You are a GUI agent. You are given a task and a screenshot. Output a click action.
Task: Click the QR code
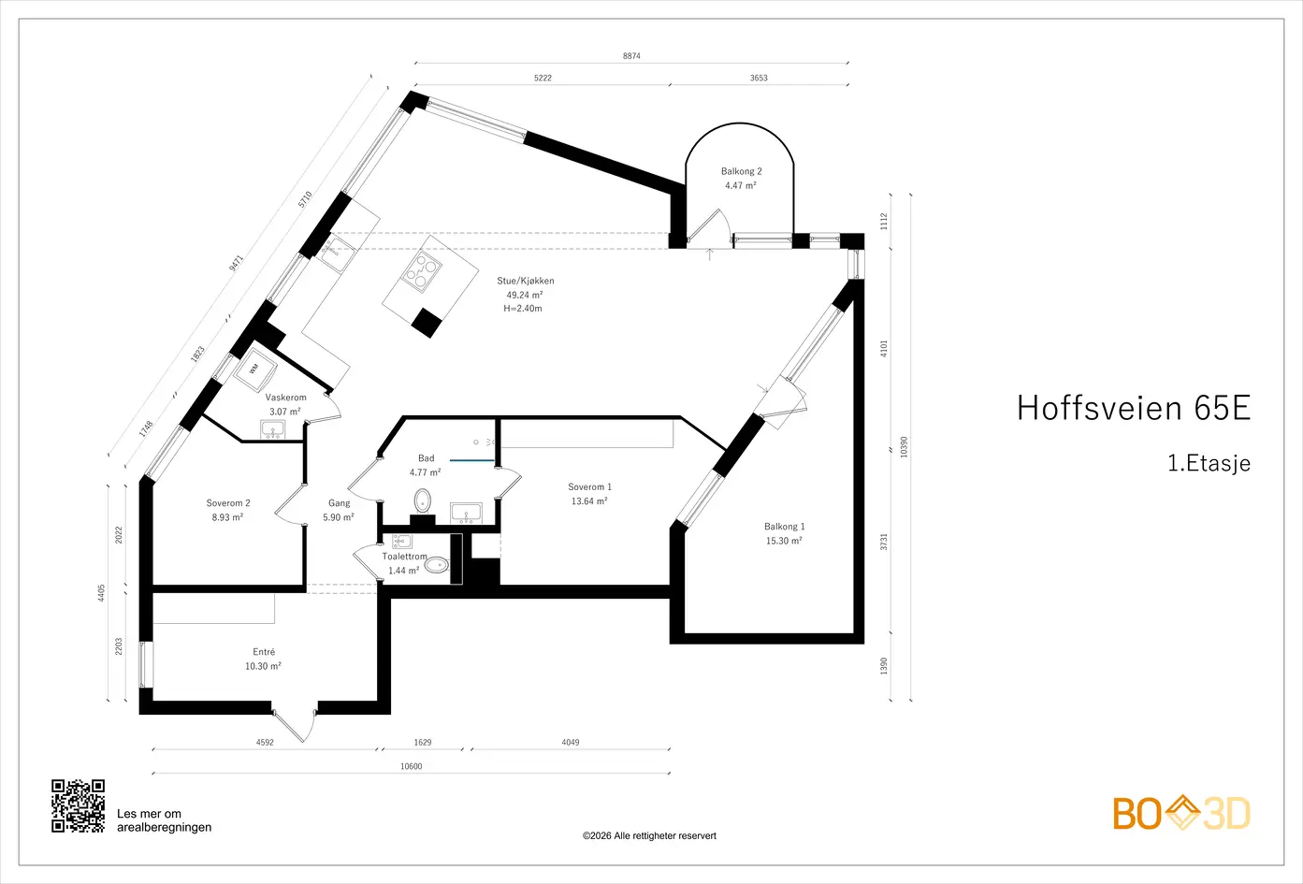pyautogui.click(x=78, y=805)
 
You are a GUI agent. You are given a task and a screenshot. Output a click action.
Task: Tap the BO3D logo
pyautogui.click(x=1181, y=813)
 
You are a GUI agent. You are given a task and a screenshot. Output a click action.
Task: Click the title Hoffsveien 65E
pyautogui.click(x=1134, y=408)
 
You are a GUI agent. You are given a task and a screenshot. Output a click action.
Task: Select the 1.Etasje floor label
pyautogui.click(x=1209, y=463)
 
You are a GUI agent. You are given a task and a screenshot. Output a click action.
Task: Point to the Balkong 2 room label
pyautogui.click(x=741, y=171)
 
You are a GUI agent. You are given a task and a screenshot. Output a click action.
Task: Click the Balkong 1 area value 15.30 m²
pyautogui.click(x=784, y=541)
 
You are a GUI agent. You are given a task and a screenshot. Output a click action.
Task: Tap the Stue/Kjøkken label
pyautogui.click(x=526, y=281)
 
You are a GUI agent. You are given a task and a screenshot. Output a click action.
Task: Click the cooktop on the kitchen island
pyautogui.click(x=422, y=270)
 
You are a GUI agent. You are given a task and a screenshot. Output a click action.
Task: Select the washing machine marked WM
pyautogui.click(x=254, y=369)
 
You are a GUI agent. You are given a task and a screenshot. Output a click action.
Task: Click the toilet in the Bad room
pyautogui.click(x=422, y=500)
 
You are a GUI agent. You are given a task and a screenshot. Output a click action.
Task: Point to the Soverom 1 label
pyautogui.click(x=590, y=486)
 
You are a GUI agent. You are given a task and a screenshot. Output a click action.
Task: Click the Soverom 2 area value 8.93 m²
pyautogui.click(x=227, y=517)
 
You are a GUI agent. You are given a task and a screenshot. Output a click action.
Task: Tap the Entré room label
pyautogui.click(x=264, y=652)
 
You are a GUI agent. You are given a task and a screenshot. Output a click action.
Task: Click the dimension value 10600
pyautogui.click(x=411, y=766)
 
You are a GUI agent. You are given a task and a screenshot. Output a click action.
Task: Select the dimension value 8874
pyautogui.click(x=631, y=56)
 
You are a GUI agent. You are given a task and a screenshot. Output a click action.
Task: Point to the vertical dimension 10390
pyautogui.click(x=904, y=447)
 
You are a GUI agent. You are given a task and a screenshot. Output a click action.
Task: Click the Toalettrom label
pyautogui.click(x=404, y=557)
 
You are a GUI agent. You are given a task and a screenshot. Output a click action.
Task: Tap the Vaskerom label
pyautogui.click(x=285, y=398)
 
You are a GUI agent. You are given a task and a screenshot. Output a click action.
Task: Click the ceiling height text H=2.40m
pyautogui.click(x=522, y=309)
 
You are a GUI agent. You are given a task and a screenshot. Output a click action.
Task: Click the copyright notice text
pyautogui.click(x=649, y=835)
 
